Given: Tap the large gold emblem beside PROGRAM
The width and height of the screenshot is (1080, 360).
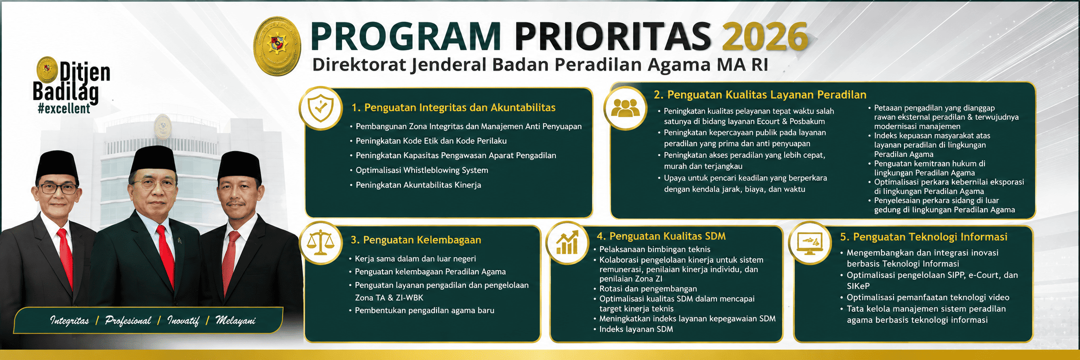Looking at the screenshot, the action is [277, 46].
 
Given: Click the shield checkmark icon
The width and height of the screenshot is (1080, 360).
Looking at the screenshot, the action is [321, 108].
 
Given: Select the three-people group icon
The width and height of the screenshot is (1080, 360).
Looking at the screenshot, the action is [626, 108].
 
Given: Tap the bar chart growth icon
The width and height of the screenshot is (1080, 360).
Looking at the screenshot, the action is [567, 242].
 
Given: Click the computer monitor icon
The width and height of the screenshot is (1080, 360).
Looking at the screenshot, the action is [810, 242].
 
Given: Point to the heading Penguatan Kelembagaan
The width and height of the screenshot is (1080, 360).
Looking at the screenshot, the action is [416, 240].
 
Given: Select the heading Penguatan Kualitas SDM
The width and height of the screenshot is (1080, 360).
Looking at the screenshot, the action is [661, 236].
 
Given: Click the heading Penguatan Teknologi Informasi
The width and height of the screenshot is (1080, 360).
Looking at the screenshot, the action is [924, 237].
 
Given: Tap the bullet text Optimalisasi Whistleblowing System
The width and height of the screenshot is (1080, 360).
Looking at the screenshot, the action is [422, 170].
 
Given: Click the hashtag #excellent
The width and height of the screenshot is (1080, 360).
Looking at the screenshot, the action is [64, 108].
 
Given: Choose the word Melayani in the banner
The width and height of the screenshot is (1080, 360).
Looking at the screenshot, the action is [235, 321].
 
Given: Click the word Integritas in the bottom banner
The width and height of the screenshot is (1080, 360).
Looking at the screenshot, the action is [70, 321].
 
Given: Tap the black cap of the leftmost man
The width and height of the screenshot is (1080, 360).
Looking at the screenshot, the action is [57, 165].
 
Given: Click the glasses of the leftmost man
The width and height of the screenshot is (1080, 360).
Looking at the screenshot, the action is [58, 189].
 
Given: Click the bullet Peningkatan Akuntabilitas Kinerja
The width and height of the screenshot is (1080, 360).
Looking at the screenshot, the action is [418, 185].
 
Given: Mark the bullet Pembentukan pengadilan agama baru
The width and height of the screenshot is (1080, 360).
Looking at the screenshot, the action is [424, 311].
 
